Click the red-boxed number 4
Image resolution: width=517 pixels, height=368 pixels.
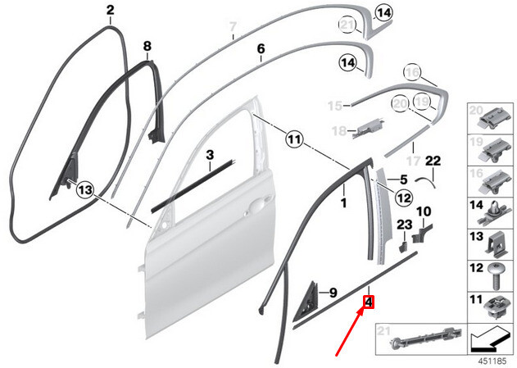click(369, 302)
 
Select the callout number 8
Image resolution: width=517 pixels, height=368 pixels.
click(147, 45)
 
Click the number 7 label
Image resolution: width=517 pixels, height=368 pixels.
click(233, 26)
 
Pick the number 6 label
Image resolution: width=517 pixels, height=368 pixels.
click(261, 49)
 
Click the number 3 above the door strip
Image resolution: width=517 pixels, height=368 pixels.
click(210, 154)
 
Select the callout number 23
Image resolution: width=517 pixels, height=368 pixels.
click(405, 225)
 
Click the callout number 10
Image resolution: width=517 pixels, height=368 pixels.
click(424, 212)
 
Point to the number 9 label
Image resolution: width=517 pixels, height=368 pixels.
click(333, 292)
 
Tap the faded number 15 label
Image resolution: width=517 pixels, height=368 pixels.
click(333, 106)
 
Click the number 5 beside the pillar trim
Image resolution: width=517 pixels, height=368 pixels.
click(403, 179)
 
